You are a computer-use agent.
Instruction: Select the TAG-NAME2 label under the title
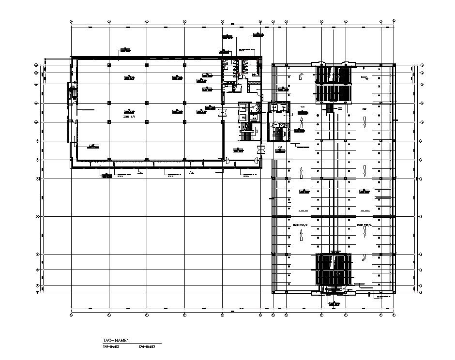click(111, 347)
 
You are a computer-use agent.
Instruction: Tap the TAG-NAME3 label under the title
click(147, 347)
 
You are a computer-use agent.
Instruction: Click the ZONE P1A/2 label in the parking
click(300, 225)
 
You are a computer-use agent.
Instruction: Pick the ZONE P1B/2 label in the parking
click(364, 225)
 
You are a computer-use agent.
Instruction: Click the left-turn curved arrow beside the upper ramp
click(300, 75)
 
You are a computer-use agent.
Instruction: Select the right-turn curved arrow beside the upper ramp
click(364, 77)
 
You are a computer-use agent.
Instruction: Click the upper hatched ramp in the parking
click(333, 84)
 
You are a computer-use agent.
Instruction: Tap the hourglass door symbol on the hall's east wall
click(223, 112)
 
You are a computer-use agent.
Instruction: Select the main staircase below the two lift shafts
click(247, 131)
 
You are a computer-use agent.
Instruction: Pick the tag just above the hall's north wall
click(125, 50)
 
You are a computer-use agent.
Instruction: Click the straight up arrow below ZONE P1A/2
click(301, 235)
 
